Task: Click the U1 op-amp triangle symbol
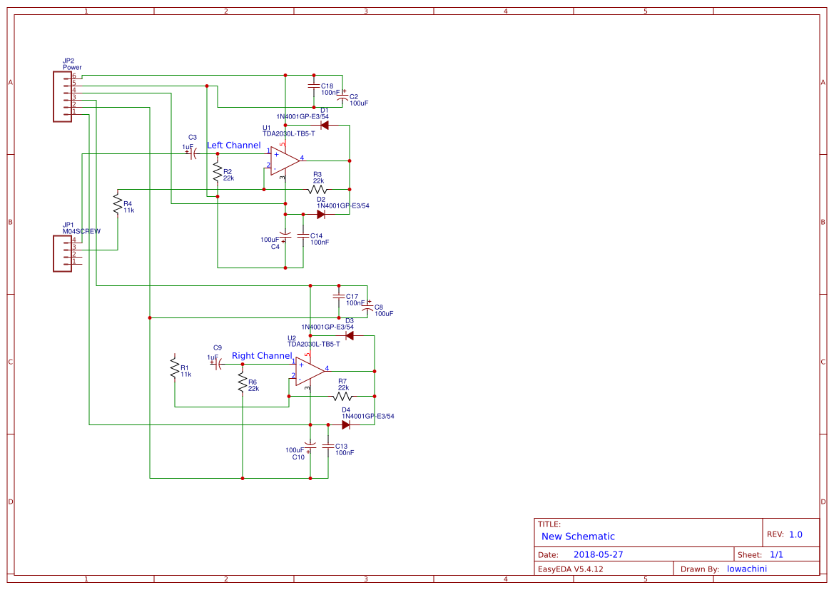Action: click(x=284, y=161)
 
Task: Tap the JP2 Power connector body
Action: click(x=62, y=96)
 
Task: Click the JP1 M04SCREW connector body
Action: click(x=62, y=254)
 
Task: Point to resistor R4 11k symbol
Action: click(x=118, y=205)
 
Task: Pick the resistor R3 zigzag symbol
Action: click(x=317, y=190)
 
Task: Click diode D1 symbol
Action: click(x=325, y=126)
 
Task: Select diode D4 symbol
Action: click(x=346, y=425)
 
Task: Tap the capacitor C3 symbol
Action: click(x=193, y=154)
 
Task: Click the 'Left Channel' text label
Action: click(x=233, y=146)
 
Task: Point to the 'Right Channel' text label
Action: click(x=262, y=356)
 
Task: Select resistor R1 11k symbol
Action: click(x=175, y=368)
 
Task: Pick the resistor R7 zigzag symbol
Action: click(x=342, y=397)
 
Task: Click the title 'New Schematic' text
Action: click(x=578, y=536)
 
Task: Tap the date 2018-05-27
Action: click(x=598, y=554)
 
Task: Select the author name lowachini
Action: click(x=746, y=569)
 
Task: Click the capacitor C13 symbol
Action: click(x=328, y=447)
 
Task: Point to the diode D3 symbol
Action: click(x=349, y=335)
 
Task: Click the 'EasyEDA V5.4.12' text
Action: click(x=570, y=569)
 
